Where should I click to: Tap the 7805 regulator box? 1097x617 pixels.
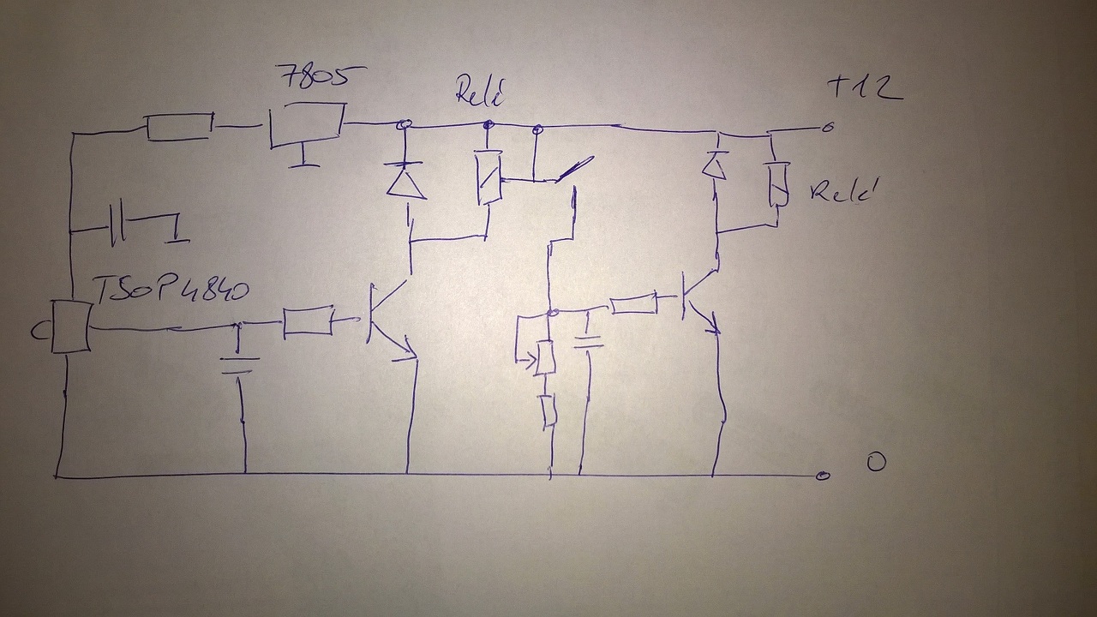(x=307, y=125)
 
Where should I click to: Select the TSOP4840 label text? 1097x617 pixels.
(x=170, y=290)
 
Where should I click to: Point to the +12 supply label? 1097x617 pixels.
(x=864, y=87)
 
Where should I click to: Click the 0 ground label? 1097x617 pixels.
(x=875, y=463)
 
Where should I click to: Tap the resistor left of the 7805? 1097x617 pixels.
(x=180, y=127)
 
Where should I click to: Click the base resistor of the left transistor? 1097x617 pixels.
(x=308, y=320)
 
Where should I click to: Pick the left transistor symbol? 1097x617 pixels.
(x=386, y=317)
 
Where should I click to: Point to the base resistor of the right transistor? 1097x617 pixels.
(x=633, y=303)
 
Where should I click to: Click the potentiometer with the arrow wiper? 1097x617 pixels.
(x=544, y=356)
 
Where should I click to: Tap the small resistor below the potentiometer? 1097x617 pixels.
(x=549, y=410)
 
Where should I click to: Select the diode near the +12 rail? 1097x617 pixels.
(x=715, y=165)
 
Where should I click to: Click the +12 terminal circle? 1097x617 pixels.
(x=827, y=128)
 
